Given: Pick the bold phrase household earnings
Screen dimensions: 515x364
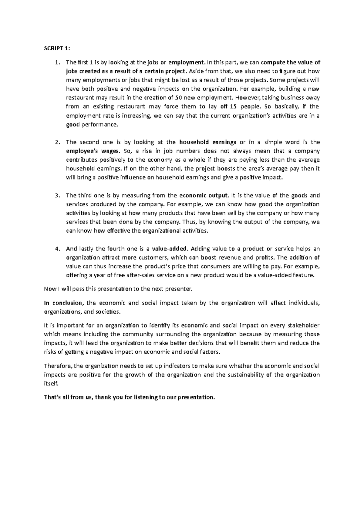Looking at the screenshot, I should click(x=208, y=142).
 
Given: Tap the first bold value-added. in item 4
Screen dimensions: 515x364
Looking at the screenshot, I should click(x=172, y=249).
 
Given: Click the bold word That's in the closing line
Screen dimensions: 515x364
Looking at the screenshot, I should click(x=52, y=397).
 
